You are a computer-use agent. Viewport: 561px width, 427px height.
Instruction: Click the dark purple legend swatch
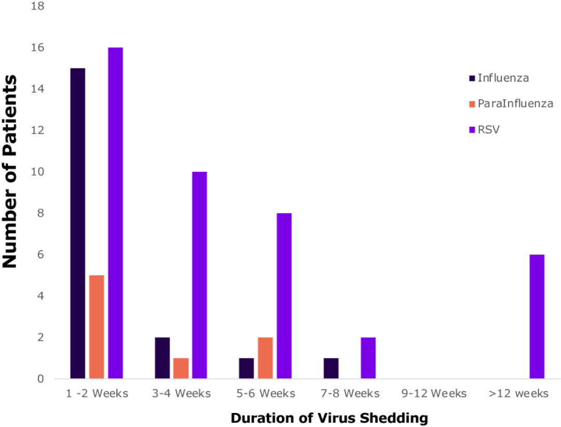[472, 79]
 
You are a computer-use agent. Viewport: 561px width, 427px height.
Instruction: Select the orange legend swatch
[472, 104]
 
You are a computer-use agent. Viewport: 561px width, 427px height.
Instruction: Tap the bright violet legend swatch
[472, 130]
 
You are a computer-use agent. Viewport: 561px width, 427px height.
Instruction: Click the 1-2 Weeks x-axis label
[96, 394]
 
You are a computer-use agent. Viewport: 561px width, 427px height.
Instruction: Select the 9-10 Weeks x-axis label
[434, 394]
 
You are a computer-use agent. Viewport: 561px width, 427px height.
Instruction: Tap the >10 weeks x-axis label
[517, 394]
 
